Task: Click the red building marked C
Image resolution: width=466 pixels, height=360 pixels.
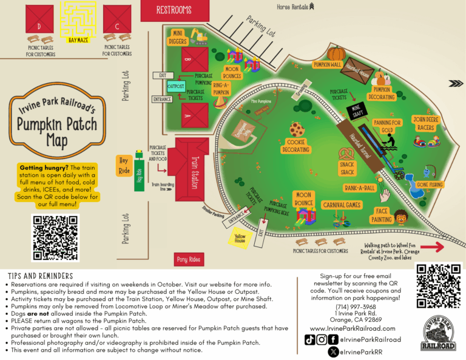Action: (116, 19)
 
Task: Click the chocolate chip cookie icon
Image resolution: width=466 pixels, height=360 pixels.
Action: (297, 129)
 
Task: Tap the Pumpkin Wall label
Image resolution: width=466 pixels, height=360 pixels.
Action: (328, 64)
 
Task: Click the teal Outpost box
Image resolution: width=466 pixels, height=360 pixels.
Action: (176, 87)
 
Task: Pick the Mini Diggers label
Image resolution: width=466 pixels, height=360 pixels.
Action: (178, 37)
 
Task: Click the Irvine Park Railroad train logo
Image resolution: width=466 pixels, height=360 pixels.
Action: (438, 334)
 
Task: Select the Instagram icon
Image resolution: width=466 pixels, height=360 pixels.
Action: (322, 340)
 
